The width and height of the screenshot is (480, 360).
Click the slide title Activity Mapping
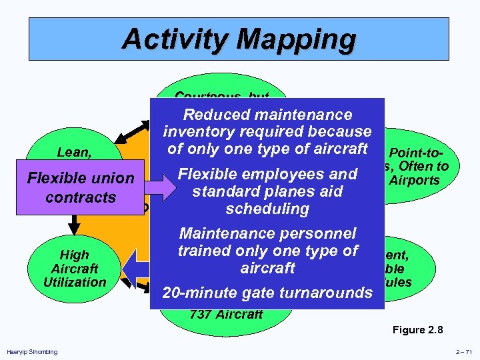pos(239,39)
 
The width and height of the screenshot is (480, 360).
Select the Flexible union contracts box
pos(80,188)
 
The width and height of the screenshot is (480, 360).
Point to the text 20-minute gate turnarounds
pos(267,292)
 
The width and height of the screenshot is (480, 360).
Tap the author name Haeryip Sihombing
pos(32,351)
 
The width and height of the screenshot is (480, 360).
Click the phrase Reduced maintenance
pos(267,115)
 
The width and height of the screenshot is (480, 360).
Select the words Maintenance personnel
pos(267,233)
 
